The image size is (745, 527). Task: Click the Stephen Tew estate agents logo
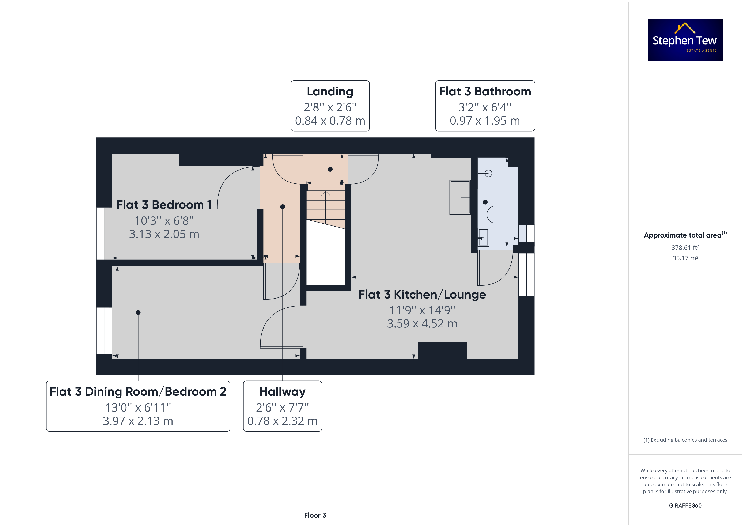click(x=685, y=40)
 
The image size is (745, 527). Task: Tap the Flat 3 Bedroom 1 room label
click(x=164, y=205)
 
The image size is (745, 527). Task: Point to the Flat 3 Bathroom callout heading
click(x=485, y=91)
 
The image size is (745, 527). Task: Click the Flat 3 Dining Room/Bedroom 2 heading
click(x=138, y=392)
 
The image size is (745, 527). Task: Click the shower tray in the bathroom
click(x=493, y=173)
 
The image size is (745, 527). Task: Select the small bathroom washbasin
click(x=484, y=237)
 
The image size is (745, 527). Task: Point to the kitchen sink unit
click(x=460, y=197)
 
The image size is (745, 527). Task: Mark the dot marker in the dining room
click(x=138, y=312)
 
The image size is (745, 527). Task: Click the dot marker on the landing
click(x=330, y=169)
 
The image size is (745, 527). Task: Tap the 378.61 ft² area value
click(x=685, y=248)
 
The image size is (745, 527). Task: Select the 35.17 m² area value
click(x=685, y=258)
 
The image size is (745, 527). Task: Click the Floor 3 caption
click(x=315, y=515)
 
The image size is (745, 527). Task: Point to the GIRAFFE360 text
click(x=685, y=506)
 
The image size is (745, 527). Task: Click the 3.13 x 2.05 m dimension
click(x=164, y=234)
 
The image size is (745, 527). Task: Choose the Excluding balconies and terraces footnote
click(x=685, y=440)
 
